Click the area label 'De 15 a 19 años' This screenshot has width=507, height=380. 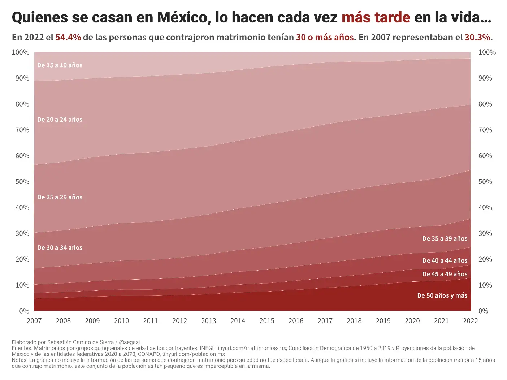[60, 65]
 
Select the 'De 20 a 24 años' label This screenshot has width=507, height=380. [60, 120]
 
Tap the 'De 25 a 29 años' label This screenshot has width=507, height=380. [60, 197]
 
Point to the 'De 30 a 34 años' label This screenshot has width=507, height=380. [60, 248]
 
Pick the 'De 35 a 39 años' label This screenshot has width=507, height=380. [445, 239]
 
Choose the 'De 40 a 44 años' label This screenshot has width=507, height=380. [445, 261]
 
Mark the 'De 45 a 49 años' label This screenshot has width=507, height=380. [445, 274]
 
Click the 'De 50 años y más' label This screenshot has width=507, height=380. [442, 296]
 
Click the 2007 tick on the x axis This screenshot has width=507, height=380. [34, 321]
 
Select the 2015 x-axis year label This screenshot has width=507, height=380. [267, 321]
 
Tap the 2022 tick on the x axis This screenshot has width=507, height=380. [470, 321]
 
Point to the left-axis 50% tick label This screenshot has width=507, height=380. [22, 182]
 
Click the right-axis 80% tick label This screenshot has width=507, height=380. [485, 104]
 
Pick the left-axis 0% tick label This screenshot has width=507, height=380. [24, 311]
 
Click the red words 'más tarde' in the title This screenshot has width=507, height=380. [376, 17]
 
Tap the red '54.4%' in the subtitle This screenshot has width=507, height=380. [68, 38]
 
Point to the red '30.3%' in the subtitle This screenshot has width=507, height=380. [477, 38]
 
